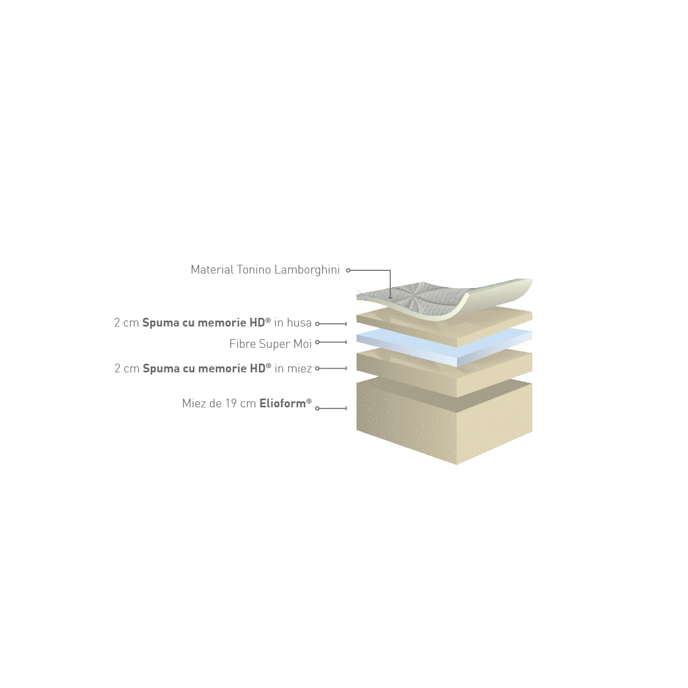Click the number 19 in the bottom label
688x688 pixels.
231,404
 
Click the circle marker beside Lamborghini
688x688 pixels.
348,270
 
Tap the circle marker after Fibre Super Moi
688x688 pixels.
317,342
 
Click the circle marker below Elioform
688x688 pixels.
317,408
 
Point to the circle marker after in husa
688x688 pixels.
317,324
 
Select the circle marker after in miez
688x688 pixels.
317,369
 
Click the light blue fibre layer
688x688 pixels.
444,348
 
